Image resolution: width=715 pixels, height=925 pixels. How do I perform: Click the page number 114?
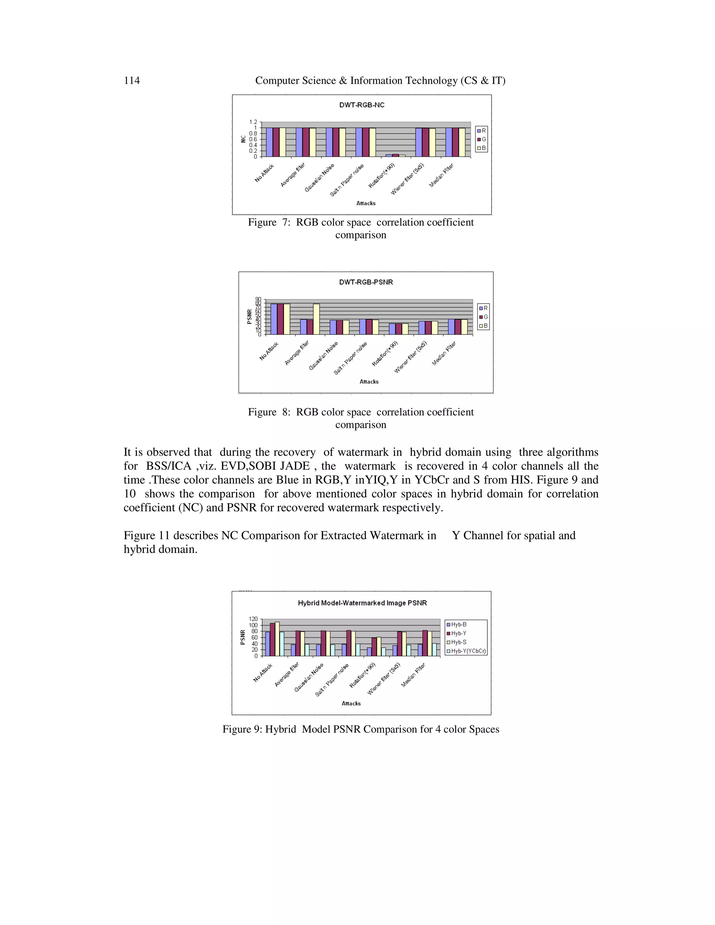pos(132,81)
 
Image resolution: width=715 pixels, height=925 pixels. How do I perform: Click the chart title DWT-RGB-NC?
pos(362,105)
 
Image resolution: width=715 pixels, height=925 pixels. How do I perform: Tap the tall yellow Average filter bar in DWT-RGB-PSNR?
pos(316,319)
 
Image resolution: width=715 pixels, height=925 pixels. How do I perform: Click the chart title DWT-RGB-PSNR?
pos(366,282)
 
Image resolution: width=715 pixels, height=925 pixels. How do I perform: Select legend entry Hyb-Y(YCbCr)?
pos(466,651)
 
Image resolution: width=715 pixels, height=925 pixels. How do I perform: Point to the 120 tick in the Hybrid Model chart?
pos(253,619)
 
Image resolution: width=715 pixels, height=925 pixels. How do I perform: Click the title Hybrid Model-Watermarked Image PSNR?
pos(362,603)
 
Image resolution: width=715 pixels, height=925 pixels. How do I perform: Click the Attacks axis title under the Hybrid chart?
pos(351,703)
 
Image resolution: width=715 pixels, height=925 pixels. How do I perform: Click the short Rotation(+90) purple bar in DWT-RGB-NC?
pos(389,155)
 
